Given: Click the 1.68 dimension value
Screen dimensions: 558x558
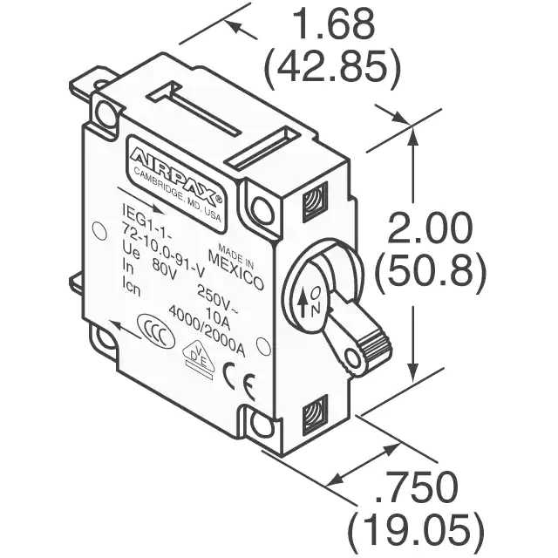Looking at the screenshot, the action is pyautogui.click(x=335, y=24).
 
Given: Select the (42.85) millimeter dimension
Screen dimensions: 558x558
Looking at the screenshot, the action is pyautogui.click(x=332, y=68).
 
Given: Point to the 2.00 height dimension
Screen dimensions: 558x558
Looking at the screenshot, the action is pyautogui.click(x=430, y=228).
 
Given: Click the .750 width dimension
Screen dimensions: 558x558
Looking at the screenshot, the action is pyautogui.click(x=417, y=487).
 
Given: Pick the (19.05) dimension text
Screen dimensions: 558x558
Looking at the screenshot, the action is pyautogui.click(x=415, y=531).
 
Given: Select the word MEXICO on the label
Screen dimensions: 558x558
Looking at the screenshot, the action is pyautogui.click(x=236, y=270).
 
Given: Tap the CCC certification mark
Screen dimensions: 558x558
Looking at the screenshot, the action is pyautogui.click(x=156, y=331).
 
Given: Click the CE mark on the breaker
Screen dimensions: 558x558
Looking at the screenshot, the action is pyautogui.click(x=239, y=381).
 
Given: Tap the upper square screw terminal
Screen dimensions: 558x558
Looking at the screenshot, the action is pyautogui.click(x=315, y=201).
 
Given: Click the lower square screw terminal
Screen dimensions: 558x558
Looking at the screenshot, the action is pyautogui.click(x=315, y=415).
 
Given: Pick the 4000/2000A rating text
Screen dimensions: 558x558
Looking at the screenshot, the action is pyautogui.click(x=208, y=330).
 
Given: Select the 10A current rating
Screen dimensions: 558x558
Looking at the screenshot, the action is pyautogui.click(x=218, y=318).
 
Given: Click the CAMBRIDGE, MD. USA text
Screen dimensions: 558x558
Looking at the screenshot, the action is pyautogui.click(x=178, y=194).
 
